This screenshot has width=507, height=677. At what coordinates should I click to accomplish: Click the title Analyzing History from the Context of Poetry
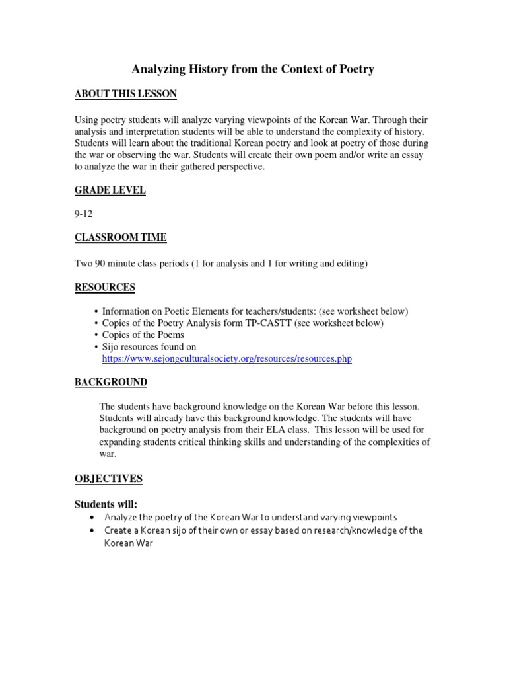click(253, 69)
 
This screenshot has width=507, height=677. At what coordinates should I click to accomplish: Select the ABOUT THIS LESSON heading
click(125, 94)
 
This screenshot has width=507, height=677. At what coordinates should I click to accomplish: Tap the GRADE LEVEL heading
click(110, 190)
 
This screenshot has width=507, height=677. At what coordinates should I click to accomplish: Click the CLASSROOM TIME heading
click(120, 237)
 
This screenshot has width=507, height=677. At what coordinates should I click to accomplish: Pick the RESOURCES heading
click(104, 287)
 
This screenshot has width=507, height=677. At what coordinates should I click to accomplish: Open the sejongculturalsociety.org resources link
click(226, 359)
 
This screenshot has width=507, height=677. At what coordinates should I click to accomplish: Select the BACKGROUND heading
click(110, 383)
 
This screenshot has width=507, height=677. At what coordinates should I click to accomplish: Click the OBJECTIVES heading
click(108, 479)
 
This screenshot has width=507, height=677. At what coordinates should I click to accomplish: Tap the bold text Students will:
click(106, 504)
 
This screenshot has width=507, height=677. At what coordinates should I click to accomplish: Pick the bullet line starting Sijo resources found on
click(149, 347)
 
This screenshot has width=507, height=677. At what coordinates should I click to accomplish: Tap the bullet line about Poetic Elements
click(255, 311)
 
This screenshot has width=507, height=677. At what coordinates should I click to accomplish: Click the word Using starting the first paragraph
click(86, 120)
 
